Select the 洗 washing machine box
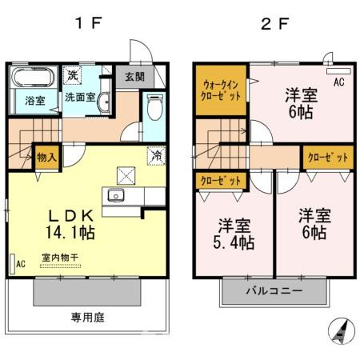pos(72,74)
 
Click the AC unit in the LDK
pos(18,263)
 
